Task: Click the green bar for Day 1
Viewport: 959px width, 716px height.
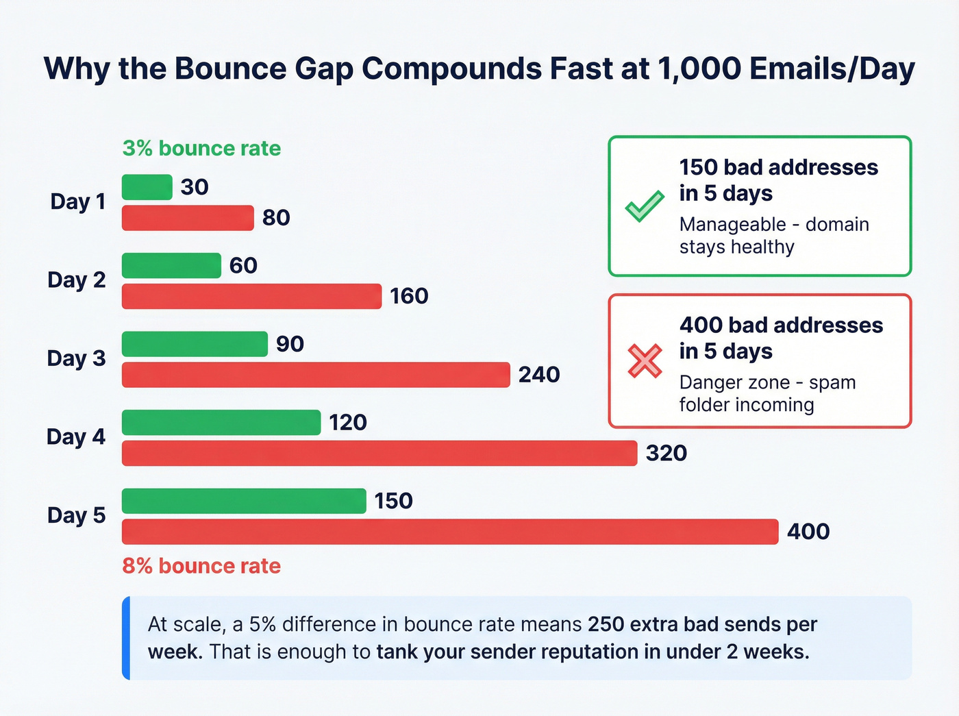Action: [x=147, y=187]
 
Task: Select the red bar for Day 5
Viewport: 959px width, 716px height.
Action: [x=450, y=532]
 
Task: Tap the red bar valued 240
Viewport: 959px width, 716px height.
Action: [x=316, y=375]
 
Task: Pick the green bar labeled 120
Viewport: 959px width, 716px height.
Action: [x=221, y=423]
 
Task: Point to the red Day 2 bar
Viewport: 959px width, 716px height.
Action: [x=251, y=296]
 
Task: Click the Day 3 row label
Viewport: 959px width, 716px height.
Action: [x=76, y=358]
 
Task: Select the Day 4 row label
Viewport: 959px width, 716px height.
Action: [x=76, y=436]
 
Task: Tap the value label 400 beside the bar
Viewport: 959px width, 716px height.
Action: [x=808, y=532]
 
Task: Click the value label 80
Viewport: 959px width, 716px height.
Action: [x=276, y=218]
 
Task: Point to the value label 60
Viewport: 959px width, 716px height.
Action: [x=243, y=265]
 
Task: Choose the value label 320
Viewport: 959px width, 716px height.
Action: [x=667, y=453]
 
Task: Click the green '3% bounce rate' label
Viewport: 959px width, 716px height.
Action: [x=201, y=149]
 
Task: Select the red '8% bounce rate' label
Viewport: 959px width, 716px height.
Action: [x=201, y=566]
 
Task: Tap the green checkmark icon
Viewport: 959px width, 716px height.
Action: [x=645, y=206]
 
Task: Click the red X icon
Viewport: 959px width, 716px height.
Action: [x=645, y=361]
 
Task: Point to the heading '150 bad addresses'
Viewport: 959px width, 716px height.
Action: [x=778, y=167]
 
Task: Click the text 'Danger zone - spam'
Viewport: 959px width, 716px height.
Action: [x=767, y=382]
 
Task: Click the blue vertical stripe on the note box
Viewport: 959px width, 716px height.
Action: [x=126, y=638]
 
